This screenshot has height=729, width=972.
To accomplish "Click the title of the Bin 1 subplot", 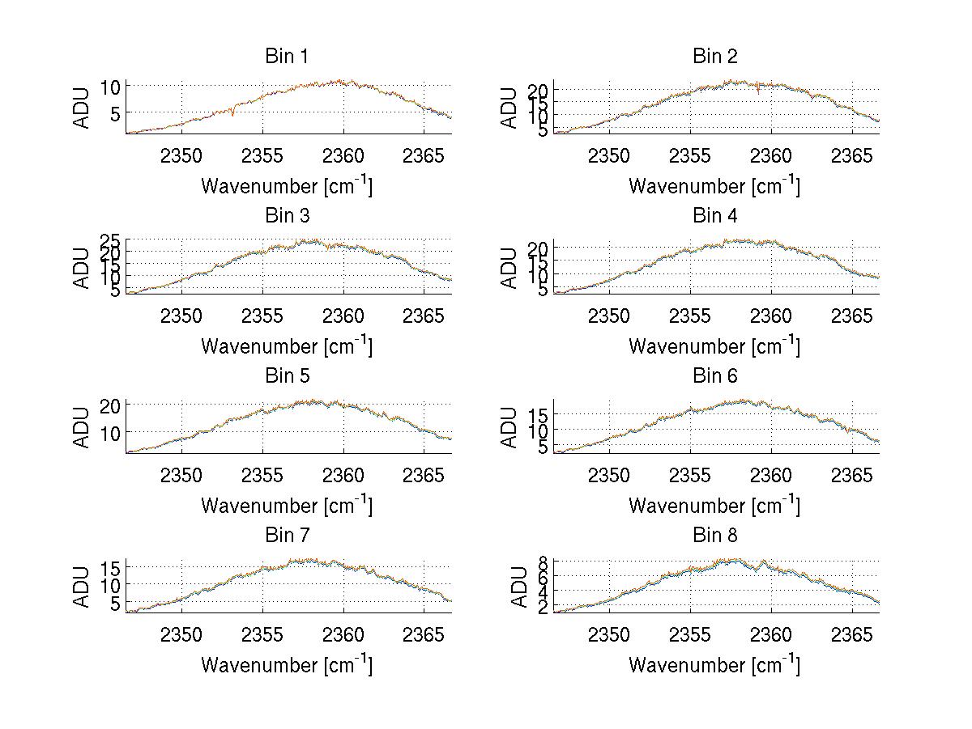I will [x=287, y=57].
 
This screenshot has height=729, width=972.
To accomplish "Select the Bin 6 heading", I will [x=714, y=376].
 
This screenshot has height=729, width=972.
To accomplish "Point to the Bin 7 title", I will [x=287, y=536].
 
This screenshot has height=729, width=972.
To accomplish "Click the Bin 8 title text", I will [x=714, y=536].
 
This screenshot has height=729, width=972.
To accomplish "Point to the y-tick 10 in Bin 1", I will [x=112, y=87].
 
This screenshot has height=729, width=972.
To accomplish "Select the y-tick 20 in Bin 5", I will [x=112, y=405].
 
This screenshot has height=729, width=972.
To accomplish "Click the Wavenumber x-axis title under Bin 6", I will [x=714, y=506].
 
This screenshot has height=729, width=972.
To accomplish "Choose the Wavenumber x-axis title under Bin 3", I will [x=287, y=346].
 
